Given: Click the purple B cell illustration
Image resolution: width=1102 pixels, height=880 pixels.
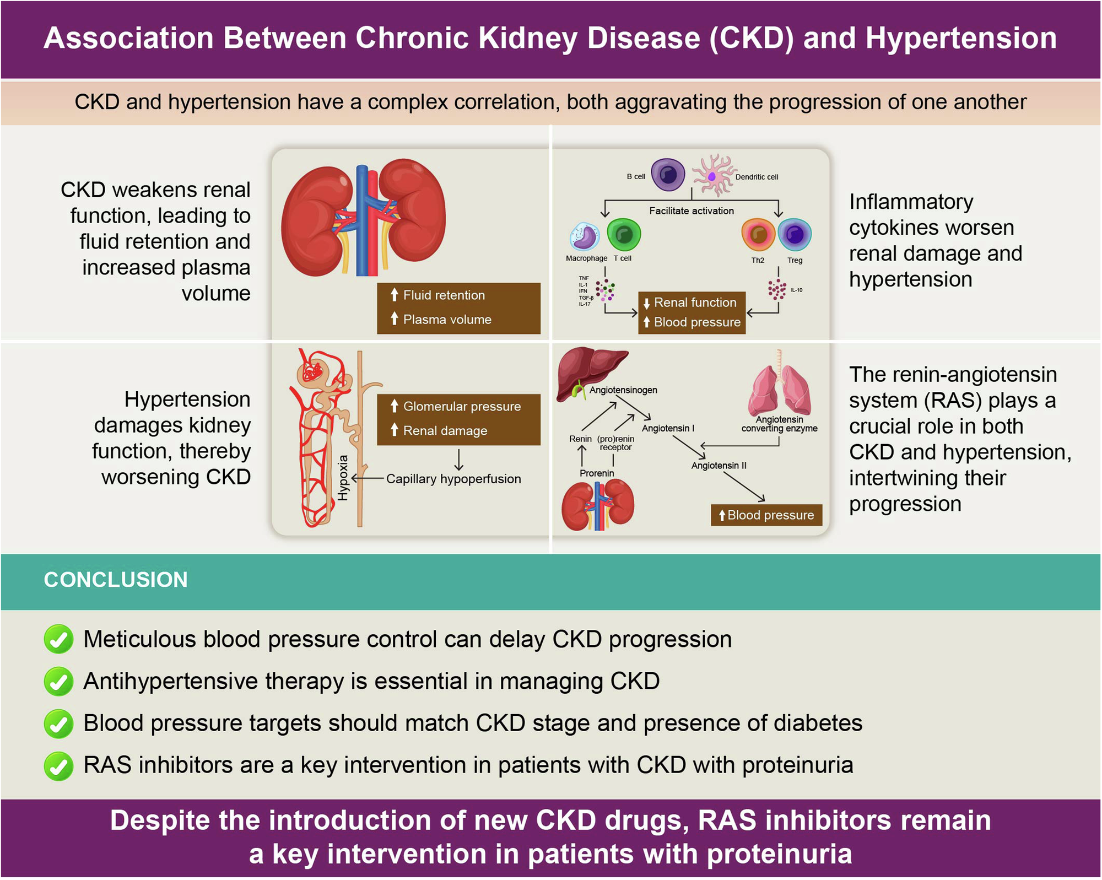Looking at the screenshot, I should point(668,175).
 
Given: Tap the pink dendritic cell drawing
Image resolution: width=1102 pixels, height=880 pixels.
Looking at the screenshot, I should point(713,176).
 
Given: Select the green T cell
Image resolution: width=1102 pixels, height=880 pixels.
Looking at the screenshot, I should point(624,235).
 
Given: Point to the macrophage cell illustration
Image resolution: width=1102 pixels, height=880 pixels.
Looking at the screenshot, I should point(584,237).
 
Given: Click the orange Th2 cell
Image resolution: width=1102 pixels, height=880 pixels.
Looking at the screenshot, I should point(758,235).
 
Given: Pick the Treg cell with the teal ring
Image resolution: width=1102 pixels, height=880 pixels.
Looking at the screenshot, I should point(795,235).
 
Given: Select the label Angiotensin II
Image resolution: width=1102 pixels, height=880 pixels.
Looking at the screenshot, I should point(719,466).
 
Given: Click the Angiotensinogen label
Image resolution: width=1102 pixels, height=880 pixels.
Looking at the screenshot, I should point(623,390).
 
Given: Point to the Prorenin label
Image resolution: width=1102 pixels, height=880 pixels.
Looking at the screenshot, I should point(596,473).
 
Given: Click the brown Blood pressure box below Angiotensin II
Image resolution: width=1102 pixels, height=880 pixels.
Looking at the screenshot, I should point(766,515).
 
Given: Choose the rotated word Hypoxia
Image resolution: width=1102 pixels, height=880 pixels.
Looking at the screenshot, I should point(343,478).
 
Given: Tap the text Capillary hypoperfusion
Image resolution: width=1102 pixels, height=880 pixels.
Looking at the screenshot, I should point(453,479).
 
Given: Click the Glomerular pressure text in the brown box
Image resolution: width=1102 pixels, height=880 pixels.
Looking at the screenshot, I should point(461,407).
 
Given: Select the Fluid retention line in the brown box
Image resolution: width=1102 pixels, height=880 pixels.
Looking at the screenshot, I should point(444,295).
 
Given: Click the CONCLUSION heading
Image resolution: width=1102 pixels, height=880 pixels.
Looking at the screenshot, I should point(116,580).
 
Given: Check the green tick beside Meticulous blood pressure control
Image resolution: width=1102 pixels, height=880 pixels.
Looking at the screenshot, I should point(58,639).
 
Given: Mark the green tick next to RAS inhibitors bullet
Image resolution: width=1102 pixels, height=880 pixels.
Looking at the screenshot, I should point(58,766).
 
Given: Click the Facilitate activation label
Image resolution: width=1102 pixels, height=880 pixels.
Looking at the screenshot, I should point(691,210).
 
